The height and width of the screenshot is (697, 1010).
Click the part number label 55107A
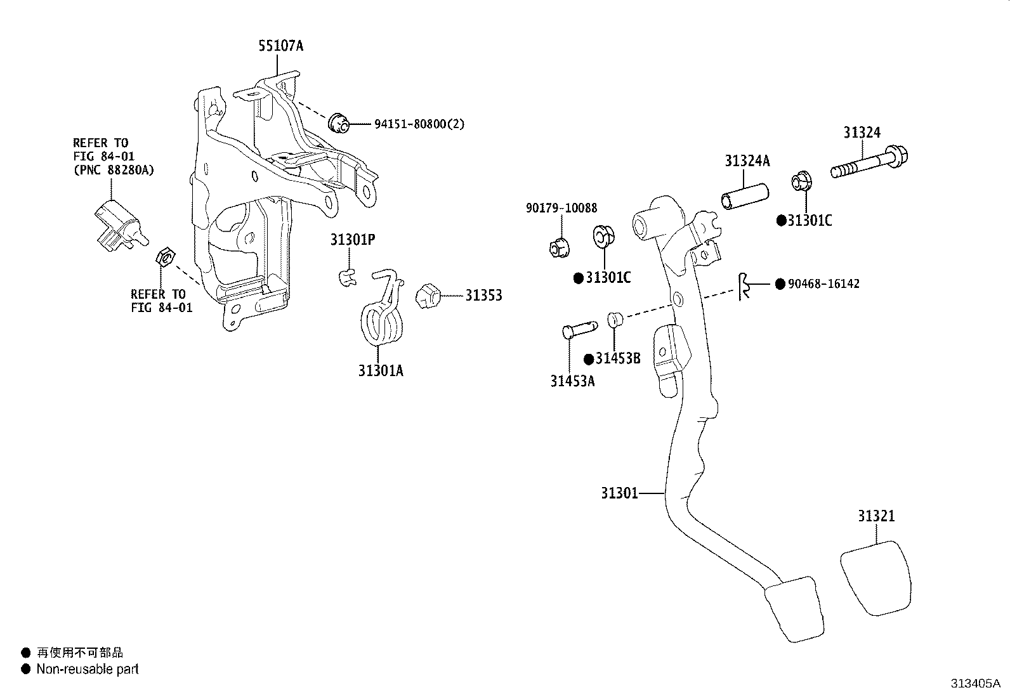pos(281,46)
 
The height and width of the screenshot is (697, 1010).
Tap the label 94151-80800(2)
pos(419,124)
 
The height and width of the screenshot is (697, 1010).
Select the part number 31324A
pos(747,160)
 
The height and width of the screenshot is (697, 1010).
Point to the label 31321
pos(876,516)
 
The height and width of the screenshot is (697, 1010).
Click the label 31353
pos(484,296)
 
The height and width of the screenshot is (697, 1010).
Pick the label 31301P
pos(353,239)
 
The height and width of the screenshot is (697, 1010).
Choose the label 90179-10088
pos(561,208)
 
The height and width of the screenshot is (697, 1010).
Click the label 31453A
pos(573,381)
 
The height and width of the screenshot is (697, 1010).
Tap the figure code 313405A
pos(976,684)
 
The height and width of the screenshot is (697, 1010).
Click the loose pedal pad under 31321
pos(876,578)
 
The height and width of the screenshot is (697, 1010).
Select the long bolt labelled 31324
pos(869,163)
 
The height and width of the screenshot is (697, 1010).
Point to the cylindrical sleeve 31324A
pos(745,197)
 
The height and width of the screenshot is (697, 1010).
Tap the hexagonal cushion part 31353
pos(428,296)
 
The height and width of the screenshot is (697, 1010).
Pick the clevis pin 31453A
pos(579,330)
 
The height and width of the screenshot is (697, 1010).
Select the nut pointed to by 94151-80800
pos(339,123)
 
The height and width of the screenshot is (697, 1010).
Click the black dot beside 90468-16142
pos(780,284)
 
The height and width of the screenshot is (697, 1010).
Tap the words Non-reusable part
pos(88,669)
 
